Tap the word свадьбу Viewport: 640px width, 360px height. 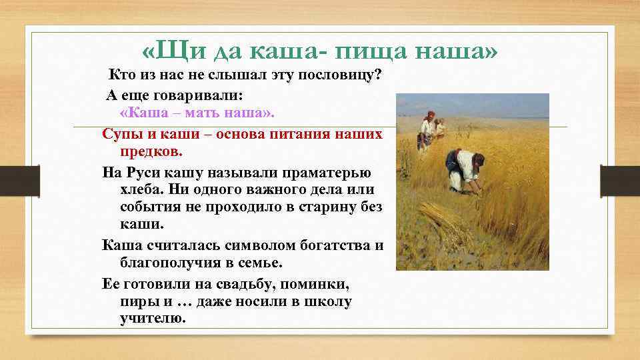(241, 285)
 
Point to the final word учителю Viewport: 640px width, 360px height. (150, 319)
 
